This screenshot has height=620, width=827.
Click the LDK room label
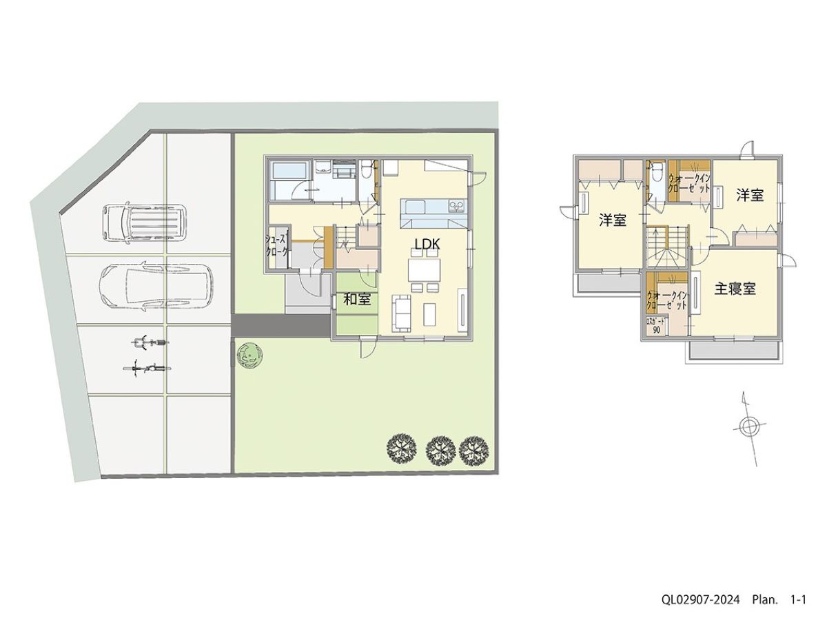pos(427,245)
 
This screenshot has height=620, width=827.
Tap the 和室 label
pos(357,299)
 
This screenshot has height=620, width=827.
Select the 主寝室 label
pos(735,289)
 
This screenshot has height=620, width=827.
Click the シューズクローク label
pos(277,245)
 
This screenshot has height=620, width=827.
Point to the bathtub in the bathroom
pos(289,172)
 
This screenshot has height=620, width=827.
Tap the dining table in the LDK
pos(425,269)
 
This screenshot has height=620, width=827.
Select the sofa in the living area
pos(402,313)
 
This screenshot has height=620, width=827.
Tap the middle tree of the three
pos(438,451)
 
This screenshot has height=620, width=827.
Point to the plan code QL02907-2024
pos(700,599)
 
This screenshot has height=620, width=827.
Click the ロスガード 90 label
pos(656,326)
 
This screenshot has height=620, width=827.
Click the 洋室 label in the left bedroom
pos(613,220)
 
